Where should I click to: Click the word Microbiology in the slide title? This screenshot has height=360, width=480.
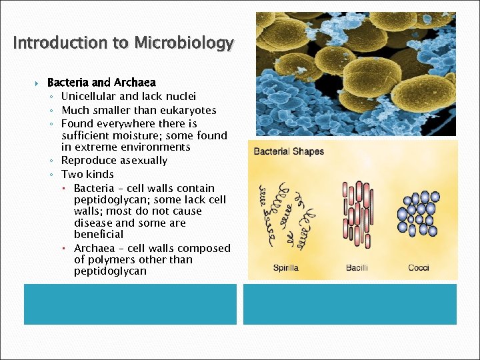tap(184, 43)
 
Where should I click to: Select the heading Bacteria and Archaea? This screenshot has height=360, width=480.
tap(101, 83)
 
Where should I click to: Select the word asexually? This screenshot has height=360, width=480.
tap(143, 161)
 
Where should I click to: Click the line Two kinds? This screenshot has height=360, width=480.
tap(87, 175)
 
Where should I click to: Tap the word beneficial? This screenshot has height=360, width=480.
tap(99, 234)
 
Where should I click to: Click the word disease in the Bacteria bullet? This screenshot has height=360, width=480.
tap(93, 223)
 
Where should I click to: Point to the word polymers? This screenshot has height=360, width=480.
tap(109, 260)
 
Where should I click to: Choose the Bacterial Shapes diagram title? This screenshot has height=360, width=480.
tap(289, 151)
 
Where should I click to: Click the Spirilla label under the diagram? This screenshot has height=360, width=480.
tap(285, 268)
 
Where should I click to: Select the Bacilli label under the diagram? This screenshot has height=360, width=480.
tap(357, 268)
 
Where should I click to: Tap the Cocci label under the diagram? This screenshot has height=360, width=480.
tap(419, 268)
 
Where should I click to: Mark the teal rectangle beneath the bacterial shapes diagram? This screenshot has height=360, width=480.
tap(350, 304)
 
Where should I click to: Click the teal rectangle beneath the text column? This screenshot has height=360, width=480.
tap(130, 304)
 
